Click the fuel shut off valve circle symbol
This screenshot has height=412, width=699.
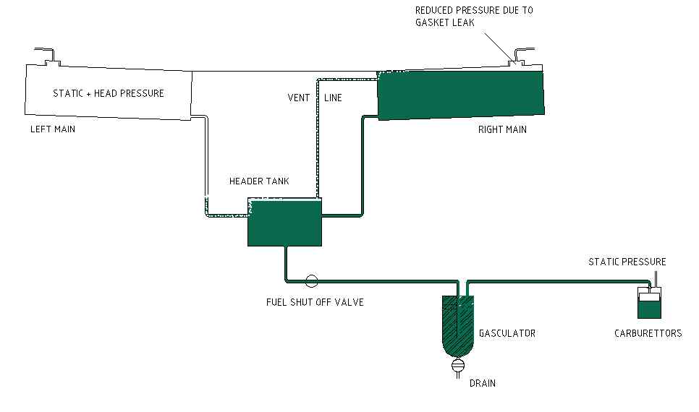(x=312, y=280)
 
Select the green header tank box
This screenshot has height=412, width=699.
(x=284, y=223)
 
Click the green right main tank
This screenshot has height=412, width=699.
(x=461, y=93)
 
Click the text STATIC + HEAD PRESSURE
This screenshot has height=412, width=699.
(x=109, y=93)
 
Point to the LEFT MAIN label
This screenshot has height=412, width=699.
(x=52, y=129)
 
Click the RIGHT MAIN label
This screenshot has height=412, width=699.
(x=502, y=129)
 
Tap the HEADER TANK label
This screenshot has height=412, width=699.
(x=259, y=181)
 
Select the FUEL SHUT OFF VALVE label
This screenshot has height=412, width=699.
(x=315, y=302)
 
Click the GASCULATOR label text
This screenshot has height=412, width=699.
(x=507, y=333)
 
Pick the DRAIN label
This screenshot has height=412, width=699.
(x=483, y=383)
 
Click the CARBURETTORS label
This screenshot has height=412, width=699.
(x=649, y=333)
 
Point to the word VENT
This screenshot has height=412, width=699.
(x=299, y=98)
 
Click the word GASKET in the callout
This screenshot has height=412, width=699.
(x=432, y=22)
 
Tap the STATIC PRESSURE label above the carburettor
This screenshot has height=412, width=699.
(x=627, y=262)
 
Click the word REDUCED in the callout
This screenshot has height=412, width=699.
(x=436, y=10)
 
